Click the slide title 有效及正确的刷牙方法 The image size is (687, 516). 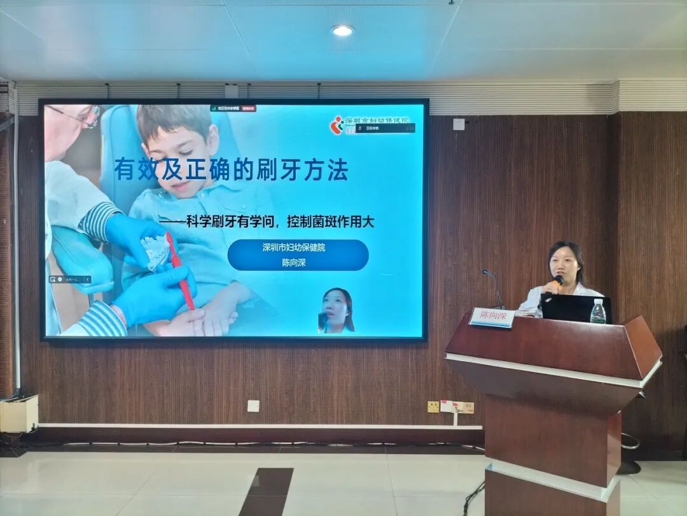[232, 170]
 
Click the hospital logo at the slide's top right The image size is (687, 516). [337, 125]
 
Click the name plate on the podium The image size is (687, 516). [492, 317]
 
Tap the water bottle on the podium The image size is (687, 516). [597, 312]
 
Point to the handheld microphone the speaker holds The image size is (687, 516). [557, 280]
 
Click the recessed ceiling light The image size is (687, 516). [342, 31]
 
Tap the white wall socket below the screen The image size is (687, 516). [253, 406]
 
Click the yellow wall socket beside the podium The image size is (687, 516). [433, 406]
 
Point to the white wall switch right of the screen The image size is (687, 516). [459, 124]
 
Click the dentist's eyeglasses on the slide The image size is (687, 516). [80, 117]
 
